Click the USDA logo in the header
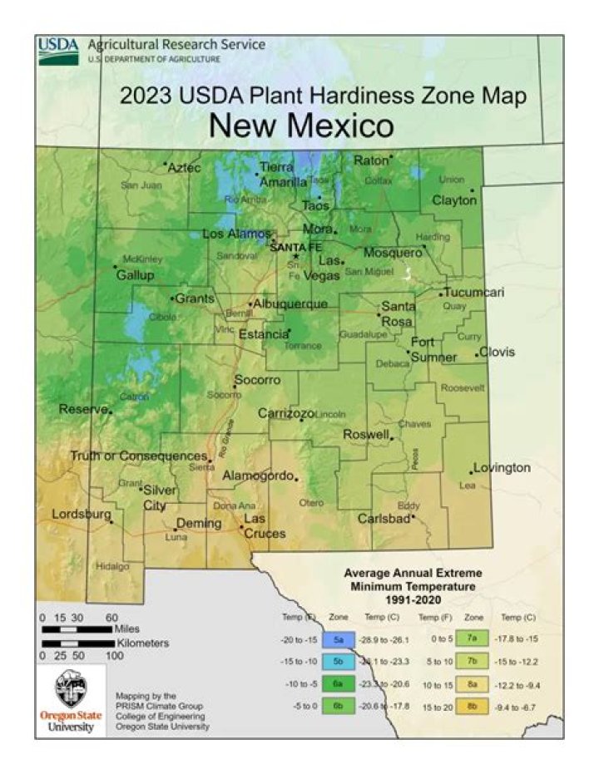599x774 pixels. point(58,51)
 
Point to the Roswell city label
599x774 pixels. point(366,434)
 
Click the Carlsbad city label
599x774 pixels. point(384,518)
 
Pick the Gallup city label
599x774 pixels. point(135,275)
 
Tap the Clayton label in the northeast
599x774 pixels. point(453,200)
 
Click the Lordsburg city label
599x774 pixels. point(82,515)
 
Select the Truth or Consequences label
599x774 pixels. point(138,456)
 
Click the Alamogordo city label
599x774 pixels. point(259,476)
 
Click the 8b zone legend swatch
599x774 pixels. point(473,705)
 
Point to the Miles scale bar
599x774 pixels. point(77,629)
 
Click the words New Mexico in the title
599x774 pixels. point(300,126)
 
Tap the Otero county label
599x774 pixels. point(311,502)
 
